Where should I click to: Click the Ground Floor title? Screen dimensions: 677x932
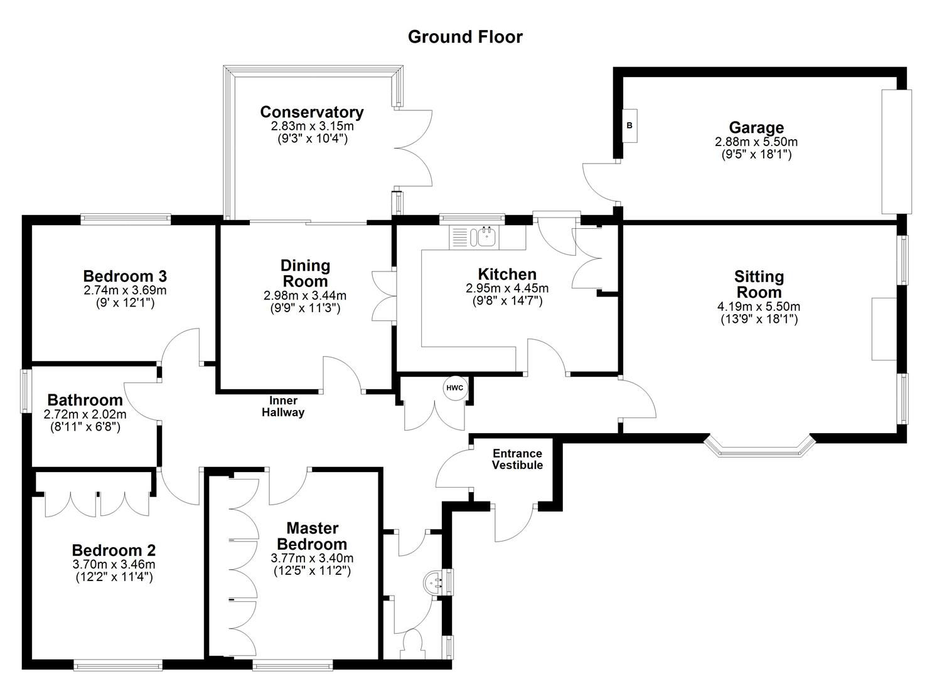point(465,37)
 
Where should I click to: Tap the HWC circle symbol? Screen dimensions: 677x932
point(454,388)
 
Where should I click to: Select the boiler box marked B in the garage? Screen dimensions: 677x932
point(629,125)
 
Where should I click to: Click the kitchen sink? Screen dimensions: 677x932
point(486,236)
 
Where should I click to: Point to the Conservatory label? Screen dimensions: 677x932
point(312,112)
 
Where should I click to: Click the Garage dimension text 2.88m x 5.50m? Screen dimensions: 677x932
point(756,142)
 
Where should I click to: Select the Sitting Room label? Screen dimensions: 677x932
point(759,284)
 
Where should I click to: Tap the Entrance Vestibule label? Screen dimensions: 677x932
point(517,459)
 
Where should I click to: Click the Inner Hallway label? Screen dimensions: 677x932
point(283,406)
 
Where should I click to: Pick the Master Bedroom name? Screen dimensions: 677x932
point(312,536)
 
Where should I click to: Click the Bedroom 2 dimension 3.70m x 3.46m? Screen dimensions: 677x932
point(114,564)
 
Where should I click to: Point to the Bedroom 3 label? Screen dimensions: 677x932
point(125,276)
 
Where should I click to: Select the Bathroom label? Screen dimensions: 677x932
point(85,400)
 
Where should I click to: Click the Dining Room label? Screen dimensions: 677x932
point(305,273)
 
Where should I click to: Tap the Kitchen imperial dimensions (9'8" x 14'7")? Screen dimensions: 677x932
point(507,301)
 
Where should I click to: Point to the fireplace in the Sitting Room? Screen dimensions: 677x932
point(884,329)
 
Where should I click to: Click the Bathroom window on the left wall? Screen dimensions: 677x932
point(25,391)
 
